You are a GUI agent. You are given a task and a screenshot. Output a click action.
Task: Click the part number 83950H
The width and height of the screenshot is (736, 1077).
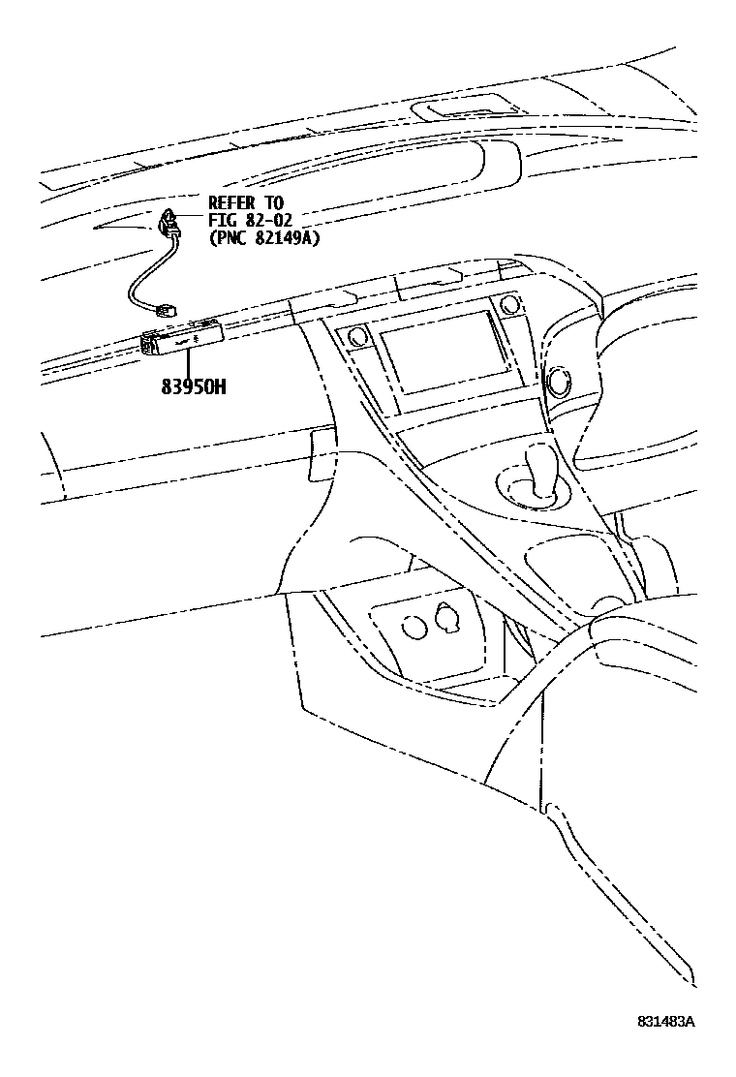pos(194,387)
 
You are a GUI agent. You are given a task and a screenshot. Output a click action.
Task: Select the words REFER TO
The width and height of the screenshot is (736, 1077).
pos(246,203)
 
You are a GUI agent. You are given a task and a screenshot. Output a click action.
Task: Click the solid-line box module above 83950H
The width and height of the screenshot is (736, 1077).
pos(184,338)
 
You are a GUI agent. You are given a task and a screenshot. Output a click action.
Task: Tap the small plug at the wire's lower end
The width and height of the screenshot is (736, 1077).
pos(168,310)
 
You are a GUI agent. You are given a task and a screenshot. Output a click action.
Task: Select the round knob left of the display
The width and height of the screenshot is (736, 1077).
pos(355,337)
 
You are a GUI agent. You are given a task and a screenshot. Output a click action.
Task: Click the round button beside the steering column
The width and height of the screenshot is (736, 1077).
pos(560,380)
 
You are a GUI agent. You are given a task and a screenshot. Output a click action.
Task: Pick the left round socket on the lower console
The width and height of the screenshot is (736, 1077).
pos(414,625)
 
